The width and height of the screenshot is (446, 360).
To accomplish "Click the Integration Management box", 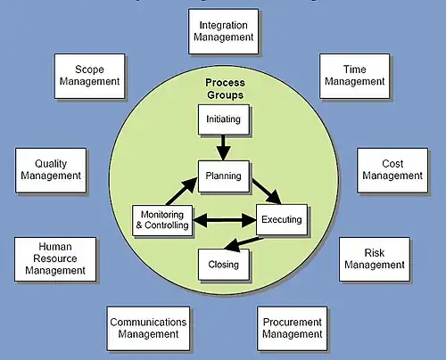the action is coord(223,31).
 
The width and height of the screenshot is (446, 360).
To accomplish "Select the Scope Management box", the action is coord(89,76).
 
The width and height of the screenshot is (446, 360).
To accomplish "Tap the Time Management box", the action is coord(354,76).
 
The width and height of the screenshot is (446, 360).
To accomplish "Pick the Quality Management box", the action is coord(51,170).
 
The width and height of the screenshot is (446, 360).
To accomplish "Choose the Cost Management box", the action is coord(392,170).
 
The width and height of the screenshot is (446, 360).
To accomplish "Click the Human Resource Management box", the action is coord(55,259).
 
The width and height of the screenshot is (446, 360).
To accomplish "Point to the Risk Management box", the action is coord(375,259).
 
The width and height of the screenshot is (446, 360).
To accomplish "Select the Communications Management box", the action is coord(148,329).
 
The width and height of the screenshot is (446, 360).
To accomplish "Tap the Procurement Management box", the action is coord(293,329).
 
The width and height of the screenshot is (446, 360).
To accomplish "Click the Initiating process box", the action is coord(224,119).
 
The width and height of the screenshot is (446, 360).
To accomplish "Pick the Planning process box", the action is coord(224,176).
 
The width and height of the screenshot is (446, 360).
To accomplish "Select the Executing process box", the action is coord(282,219).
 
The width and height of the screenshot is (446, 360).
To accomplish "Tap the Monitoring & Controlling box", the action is coord(162,220).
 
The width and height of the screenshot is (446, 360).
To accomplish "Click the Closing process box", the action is coord(224,265).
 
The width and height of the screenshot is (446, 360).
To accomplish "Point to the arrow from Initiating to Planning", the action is coord(224,148).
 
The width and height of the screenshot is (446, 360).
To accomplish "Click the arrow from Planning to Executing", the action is coord(267,192).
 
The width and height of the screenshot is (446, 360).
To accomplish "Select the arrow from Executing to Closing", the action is coord(244,243).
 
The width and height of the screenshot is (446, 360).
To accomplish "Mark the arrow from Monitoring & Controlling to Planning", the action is coord(182,192).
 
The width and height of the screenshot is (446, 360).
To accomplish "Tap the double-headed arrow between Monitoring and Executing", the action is coord(225,220).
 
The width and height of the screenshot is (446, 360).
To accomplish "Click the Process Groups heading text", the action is coord(225,88).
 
